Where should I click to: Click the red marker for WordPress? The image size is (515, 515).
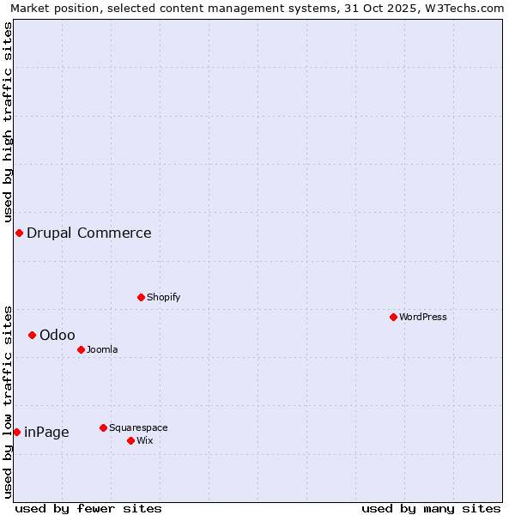393,317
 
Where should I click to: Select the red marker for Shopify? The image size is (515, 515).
141,297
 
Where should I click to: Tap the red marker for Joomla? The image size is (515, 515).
81,349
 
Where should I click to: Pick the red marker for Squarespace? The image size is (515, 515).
103,427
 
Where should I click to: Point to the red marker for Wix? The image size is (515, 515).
130,440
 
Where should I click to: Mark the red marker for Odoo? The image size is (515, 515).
32,335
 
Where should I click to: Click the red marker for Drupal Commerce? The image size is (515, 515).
19,233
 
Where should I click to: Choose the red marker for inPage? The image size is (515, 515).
16,432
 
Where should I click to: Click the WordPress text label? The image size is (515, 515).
423,317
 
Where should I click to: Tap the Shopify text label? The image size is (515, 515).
163,297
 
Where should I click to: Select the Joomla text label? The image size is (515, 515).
102,349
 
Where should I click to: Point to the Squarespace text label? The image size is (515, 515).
138,427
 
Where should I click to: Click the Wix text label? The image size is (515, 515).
144,440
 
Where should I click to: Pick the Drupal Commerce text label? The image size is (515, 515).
89,233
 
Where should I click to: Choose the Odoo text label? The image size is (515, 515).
58,335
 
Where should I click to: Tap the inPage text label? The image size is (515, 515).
46,432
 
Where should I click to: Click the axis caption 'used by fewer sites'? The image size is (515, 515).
88,508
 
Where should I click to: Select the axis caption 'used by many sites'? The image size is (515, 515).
431,508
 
